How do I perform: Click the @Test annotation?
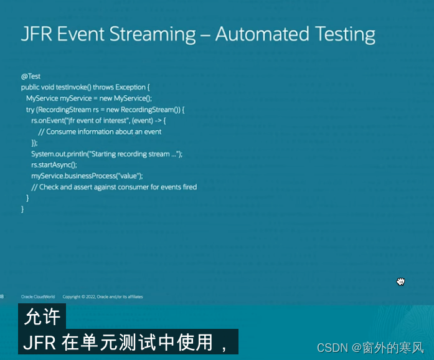(x=31, y=77)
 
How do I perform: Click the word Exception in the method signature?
(x=130, y=87)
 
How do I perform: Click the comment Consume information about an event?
(x=100, y=131)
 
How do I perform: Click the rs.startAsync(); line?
(x=54, y=164)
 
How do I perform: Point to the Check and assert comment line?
(x=114, y=187)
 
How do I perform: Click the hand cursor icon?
(x=401, y=282)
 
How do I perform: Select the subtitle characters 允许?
(x=42, y=317)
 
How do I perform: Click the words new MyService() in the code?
(x=124, y=98)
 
